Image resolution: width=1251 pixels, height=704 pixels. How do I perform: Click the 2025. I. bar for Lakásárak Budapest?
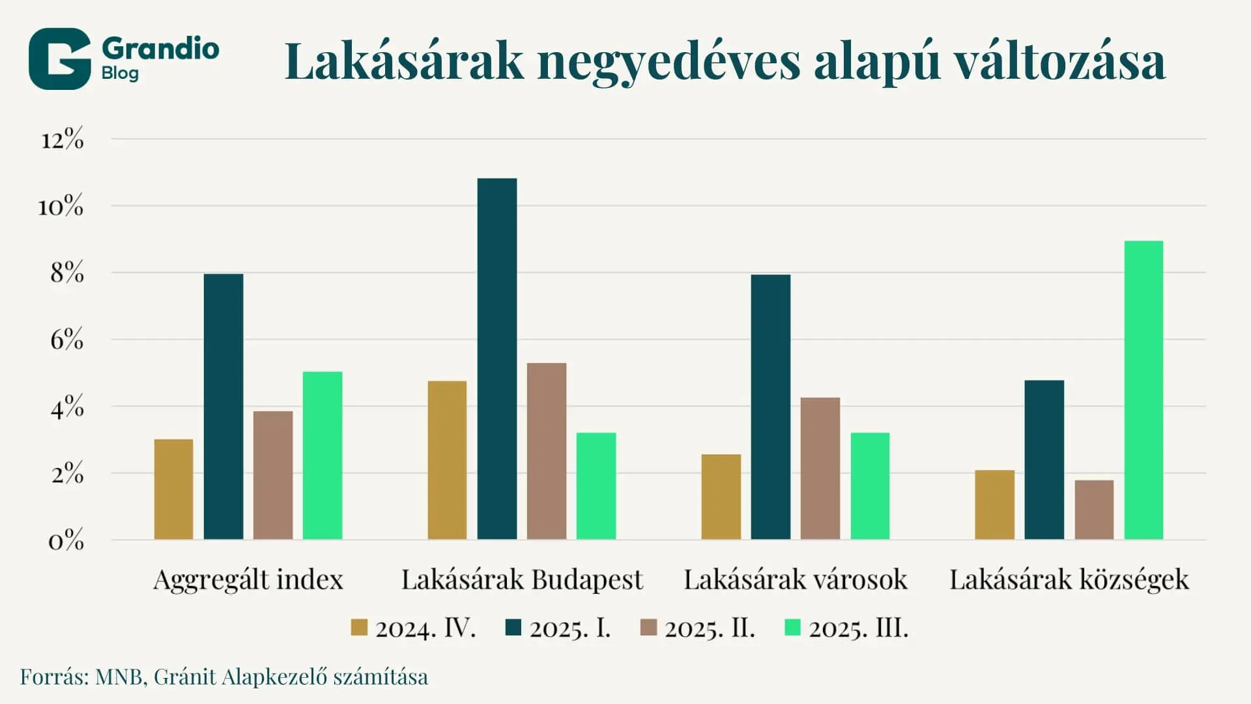[x=497, y=359]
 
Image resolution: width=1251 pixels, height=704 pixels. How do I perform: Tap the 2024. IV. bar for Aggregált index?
[x=174, y=489]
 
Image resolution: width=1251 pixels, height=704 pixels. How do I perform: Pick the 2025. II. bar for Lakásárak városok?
[x=820, y=468]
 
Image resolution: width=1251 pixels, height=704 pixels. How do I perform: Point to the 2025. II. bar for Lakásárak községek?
[x=1094, y=510]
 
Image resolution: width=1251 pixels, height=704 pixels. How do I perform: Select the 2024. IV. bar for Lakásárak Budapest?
[x=447, y=460]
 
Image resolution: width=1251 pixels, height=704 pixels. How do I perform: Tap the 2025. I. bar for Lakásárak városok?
[x=771, y=407]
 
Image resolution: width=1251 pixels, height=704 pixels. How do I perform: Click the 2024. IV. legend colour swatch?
[x=359, y=628]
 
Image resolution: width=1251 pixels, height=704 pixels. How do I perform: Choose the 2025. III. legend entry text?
[x=858, y=628]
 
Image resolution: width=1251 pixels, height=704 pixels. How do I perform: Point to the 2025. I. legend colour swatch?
[x=513, y=628]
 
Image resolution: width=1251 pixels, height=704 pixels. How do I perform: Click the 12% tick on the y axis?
[x=63, y=139]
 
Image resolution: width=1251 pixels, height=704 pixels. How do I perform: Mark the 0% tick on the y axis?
[x=66, y=541]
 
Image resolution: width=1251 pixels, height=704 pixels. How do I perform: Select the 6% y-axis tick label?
[x=66, y=340]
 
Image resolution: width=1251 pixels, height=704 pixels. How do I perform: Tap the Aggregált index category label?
[x=248, y=579]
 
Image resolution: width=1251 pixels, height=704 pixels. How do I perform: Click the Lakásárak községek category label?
[x=1069, y=579]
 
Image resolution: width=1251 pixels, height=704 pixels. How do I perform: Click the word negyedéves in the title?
[x=669, y=63]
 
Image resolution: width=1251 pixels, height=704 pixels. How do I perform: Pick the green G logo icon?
[x=59, y=59]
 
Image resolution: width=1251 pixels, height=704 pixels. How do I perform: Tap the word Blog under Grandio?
[x=120, y=73]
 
